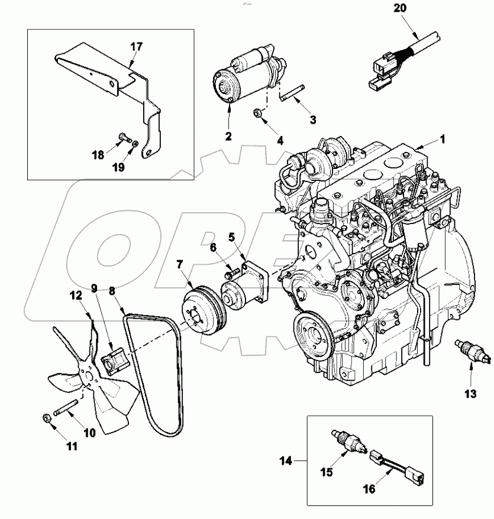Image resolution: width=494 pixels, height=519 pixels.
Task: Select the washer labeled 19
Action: click(136, 144)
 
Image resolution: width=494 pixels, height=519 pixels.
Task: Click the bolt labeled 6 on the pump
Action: click(233, 273)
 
